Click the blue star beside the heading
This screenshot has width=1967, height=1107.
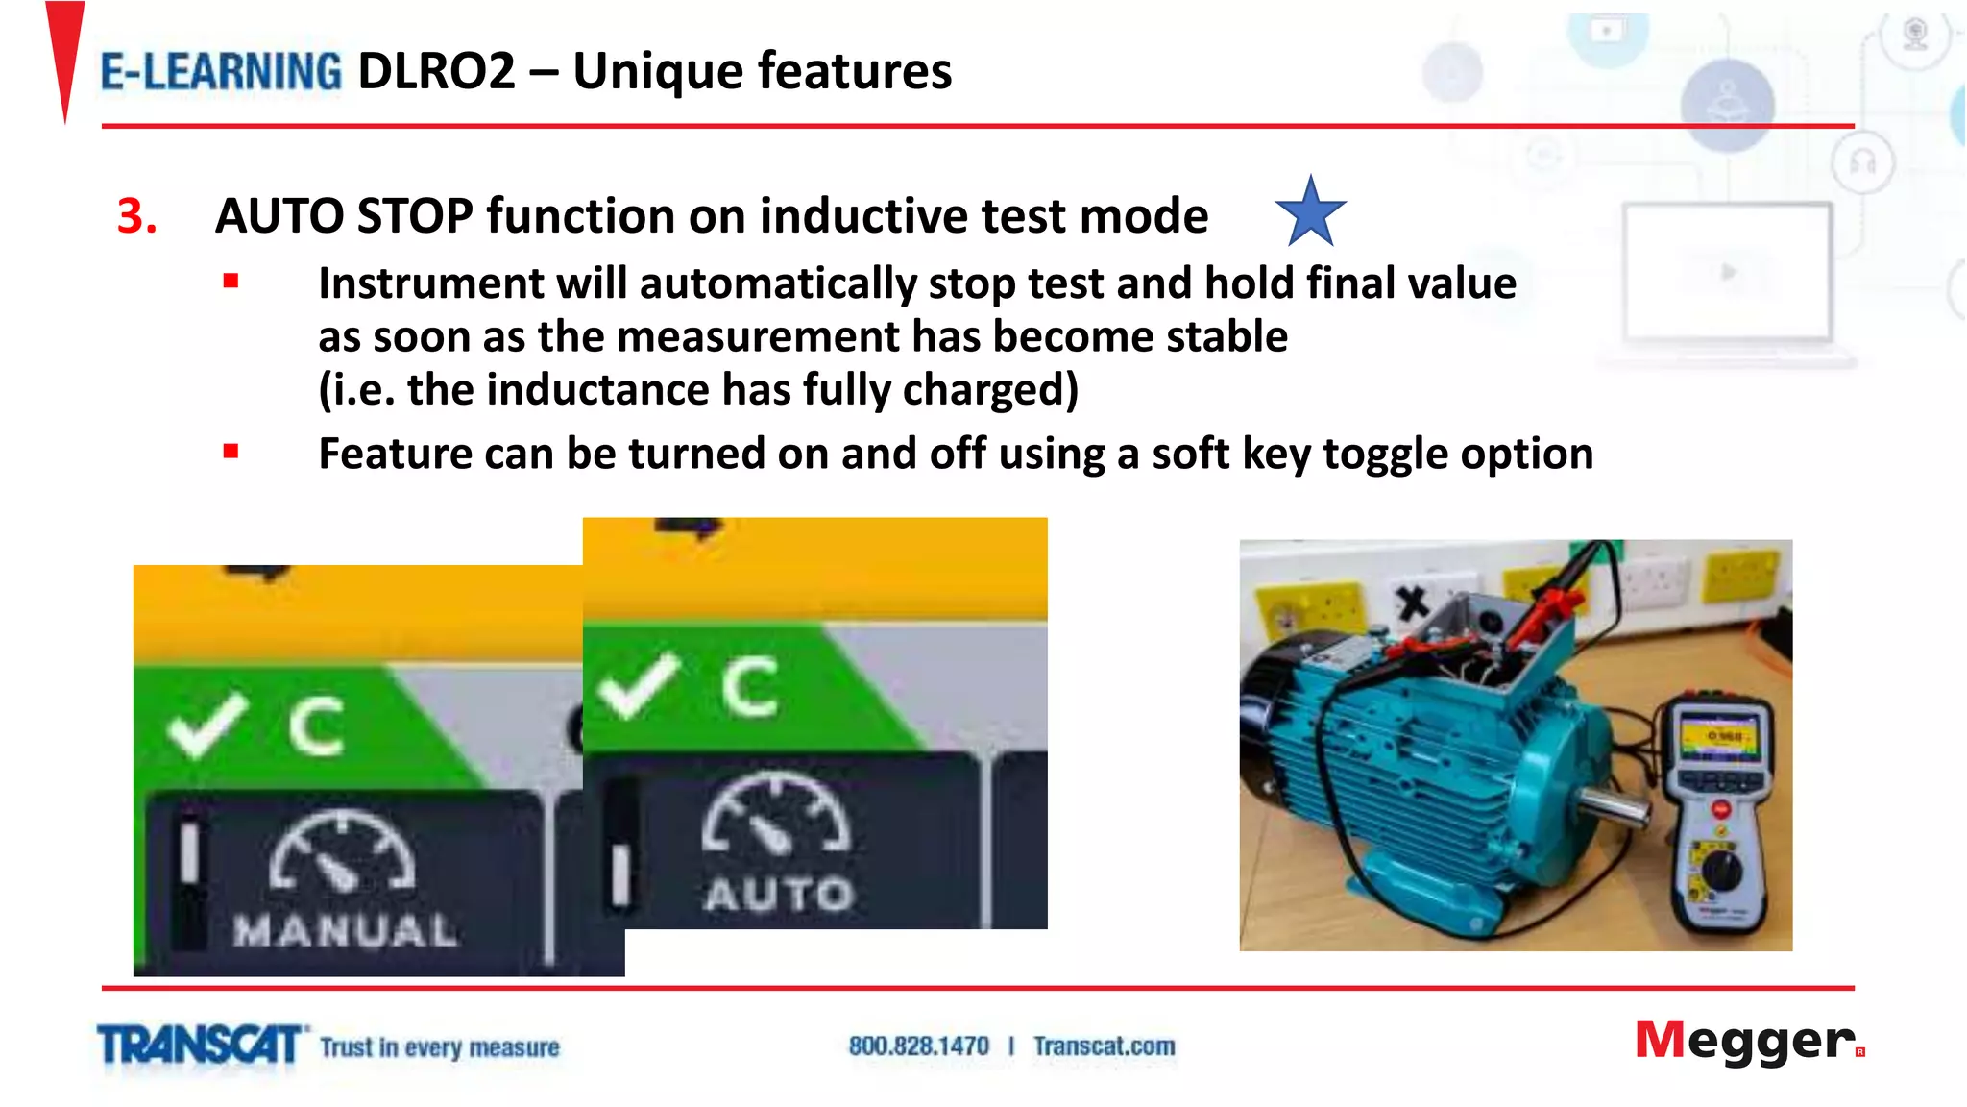[1310, 212]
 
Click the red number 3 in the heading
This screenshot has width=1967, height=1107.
[136, 216]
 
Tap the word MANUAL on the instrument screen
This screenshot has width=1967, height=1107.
[346, 929]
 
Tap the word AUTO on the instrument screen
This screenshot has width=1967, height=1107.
[779, 894]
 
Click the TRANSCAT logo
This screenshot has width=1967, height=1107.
[201, 1045]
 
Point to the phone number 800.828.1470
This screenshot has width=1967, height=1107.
[918, 1045]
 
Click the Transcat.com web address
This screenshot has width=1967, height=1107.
[1104, 1045]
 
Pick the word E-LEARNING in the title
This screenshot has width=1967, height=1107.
[221, 72]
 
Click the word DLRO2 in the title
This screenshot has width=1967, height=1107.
[436, 72]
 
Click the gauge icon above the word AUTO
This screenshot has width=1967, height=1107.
[776, 815]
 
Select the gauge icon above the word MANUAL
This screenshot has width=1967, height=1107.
[342, 851]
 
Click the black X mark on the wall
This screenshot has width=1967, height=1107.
[1412, 603]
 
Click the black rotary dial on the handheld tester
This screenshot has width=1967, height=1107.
[1722, 870]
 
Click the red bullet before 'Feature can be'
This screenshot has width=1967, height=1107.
[231, 451]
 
